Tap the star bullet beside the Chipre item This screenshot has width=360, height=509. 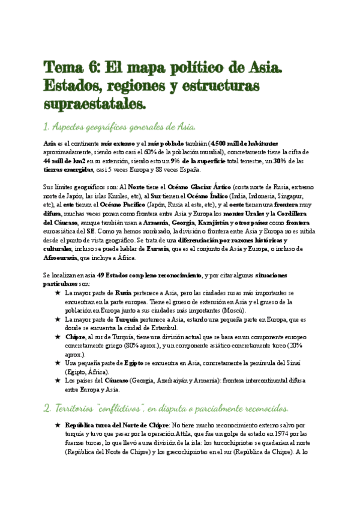pos(57,337)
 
